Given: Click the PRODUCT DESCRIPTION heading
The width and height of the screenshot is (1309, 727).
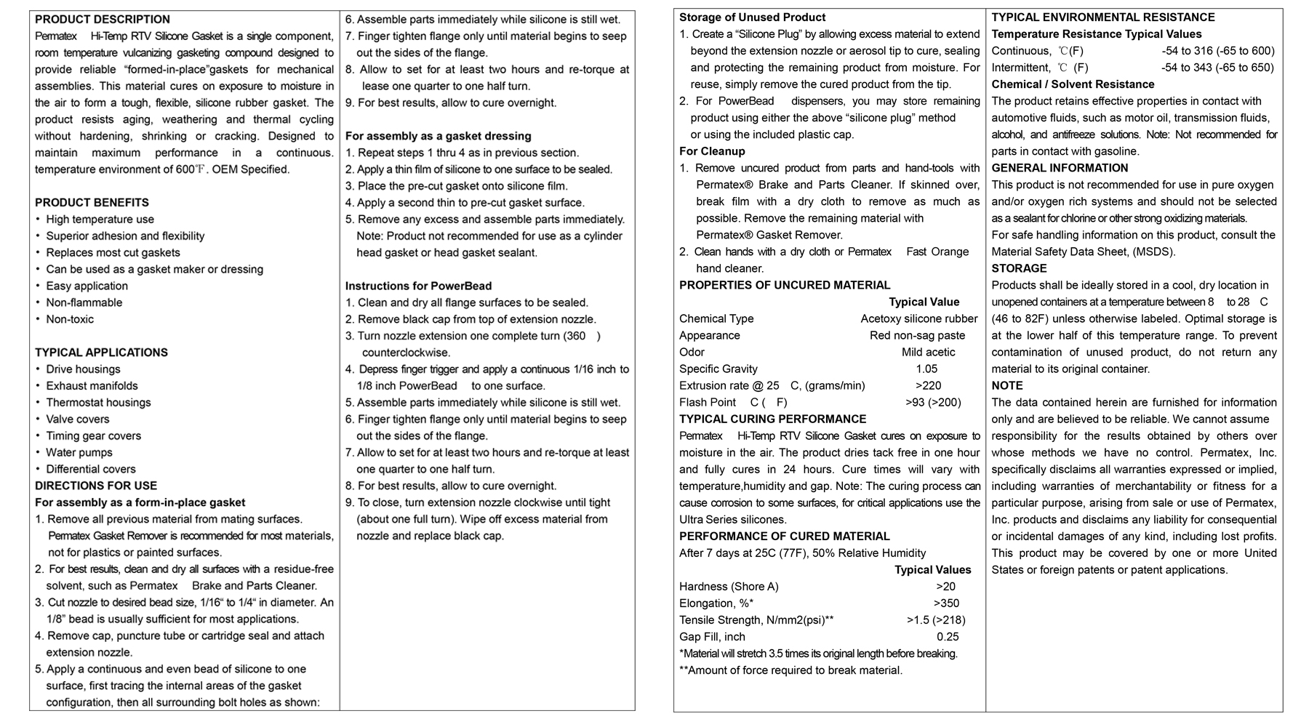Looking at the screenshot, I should (x=103, y=20).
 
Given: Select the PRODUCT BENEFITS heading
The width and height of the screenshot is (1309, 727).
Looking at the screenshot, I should (x=92, y=203).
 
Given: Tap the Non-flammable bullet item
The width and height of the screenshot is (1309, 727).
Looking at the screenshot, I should (x=84, y=302).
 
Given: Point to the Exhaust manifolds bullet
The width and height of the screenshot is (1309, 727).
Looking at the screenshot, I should (x=92, y=386).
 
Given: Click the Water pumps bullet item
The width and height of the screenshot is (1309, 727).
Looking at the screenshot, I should (x=79, y=453).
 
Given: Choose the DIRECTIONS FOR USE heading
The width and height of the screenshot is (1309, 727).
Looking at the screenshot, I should (x=96, y=486).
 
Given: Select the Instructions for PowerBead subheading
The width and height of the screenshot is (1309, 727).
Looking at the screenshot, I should (x=418, y=286).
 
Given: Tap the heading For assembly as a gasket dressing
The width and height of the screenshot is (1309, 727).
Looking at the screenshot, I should (x=438, y=136).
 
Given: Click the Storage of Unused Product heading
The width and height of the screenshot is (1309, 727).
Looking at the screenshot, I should (x=753, y=17).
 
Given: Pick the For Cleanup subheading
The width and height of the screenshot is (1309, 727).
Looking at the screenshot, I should (x=712, y=151).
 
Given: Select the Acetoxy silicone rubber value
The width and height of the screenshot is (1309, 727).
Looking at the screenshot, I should (x=919, y=318).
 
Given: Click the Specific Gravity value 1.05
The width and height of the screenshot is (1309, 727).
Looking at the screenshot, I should (x=926, y=369).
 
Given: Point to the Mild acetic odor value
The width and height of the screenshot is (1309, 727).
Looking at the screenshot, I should (x=929, y=352).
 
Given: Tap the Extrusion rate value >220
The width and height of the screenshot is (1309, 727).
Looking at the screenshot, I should (x=928, y=385).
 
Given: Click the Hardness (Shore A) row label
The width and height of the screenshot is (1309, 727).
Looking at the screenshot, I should (x=729, y=587).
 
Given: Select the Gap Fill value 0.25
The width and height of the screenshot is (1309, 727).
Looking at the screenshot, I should (x=948, y=637).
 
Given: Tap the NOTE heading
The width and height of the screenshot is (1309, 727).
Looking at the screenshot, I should (x=1007, y=385).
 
